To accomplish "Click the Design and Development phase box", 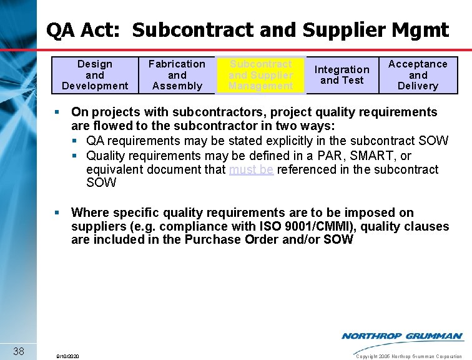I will [95, 75].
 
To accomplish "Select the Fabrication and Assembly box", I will [177, 75].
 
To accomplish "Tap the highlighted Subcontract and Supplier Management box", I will [260, 75].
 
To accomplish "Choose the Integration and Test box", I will [342, 75].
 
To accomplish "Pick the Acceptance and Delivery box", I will [418, 75].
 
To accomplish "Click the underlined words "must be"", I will [251, 170].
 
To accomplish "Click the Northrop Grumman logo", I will [402, 336].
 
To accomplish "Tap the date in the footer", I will [67, 356].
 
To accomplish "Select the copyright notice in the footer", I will [408, 356].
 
